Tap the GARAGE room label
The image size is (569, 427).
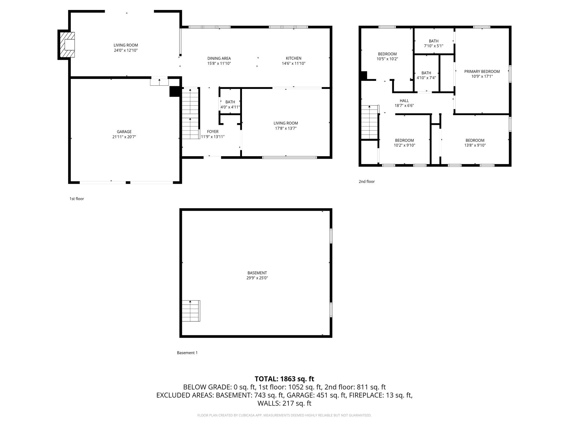124,132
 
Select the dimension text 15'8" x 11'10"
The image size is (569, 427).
219,63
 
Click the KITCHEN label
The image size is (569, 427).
293,58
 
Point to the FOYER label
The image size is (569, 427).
213,132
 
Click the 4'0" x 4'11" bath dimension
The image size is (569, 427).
230,107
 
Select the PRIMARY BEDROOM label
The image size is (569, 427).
482,71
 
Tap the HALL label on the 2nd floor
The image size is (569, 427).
404,101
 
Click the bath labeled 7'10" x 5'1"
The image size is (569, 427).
433,46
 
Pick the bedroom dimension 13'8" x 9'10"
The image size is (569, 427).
475,145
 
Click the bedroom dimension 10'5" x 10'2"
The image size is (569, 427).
387,59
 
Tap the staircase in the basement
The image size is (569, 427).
191,311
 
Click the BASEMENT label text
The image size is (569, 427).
257,273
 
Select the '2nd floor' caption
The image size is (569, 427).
366,182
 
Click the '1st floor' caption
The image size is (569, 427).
77,199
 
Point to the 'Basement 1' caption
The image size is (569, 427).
187,353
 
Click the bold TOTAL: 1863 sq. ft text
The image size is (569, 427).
284,379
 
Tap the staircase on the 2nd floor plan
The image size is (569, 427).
370,122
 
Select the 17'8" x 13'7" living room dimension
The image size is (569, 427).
286,128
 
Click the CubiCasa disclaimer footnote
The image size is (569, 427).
284,415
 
